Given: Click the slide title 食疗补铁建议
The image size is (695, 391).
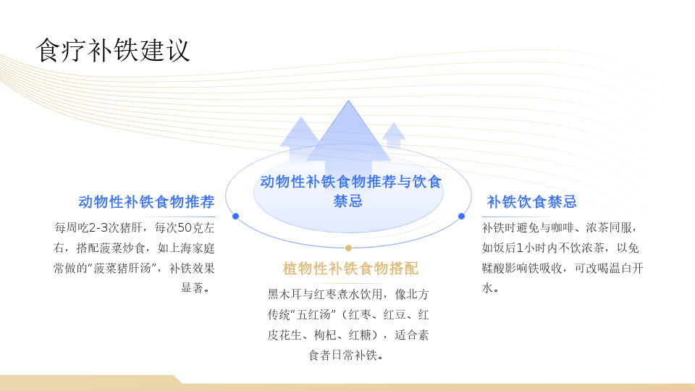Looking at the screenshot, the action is click(x=113, y=50).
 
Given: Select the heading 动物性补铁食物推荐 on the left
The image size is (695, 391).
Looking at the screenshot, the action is click(x=147, y=202).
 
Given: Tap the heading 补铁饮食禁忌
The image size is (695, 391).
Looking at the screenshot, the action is click(x=531, y=202).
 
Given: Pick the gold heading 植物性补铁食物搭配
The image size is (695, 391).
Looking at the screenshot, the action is click(x=350, y=268).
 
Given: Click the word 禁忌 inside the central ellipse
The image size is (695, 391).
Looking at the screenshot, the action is click(x=348, y=201).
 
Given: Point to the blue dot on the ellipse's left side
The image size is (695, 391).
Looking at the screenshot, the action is click(x=236, y=216).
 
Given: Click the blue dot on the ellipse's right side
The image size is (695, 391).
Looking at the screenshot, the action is click(x=461, y=216).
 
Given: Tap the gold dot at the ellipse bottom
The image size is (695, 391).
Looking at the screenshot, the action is click(x=348, y=248).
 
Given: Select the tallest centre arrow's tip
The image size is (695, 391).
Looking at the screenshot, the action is click(x=348, y=101).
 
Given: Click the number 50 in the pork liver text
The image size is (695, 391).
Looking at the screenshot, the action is click(x=183, y=228).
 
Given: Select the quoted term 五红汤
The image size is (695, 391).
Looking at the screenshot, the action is click(x=314, y=315).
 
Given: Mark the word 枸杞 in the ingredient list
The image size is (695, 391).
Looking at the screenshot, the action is click(x=325, y=335).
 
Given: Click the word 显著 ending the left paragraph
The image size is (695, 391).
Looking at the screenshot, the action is click(x=192, y=288).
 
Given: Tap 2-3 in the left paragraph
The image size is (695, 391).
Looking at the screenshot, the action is click(x=98, y=228).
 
